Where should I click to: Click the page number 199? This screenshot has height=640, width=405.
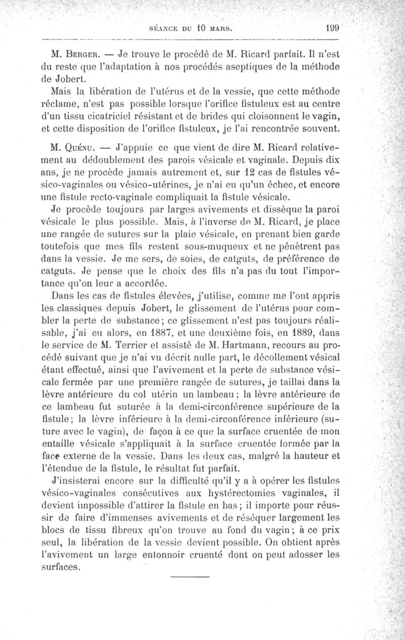coord(332,28)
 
